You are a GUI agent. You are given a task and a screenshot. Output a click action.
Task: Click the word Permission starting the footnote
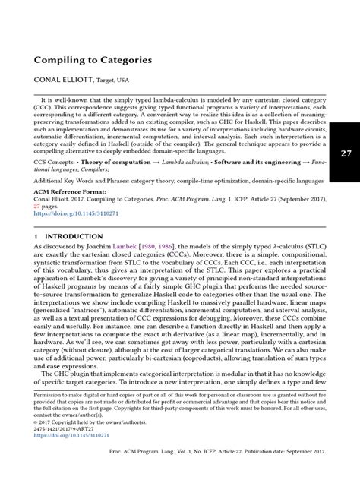[47, 417]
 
